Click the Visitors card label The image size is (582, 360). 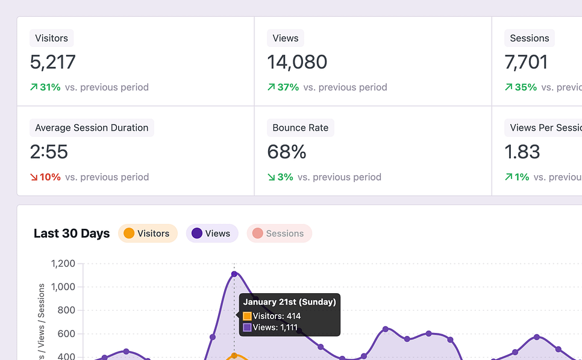[x=51, y=38]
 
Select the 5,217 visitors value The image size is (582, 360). [x=53, y=62]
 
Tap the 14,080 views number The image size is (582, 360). [x=297, y=62]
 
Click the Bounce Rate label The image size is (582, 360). [x=300, y=128]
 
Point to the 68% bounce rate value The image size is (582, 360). [x=287, y=152]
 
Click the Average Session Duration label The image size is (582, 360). [x=92, y=128]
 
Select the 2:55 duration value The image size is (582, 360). [x=49, y=152]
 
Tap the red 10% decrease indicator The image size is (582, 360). [x=46, y=177]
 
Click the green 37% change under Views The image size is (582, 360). [x=283, y=87]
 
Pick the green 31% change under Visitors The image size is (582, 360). [x=46, y=87]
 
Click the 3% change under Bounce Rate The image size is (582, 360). [x=281, y=177]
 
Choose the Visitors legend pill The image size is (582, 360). [x=148, y=234]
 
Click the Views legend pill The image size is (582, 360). [x=211, y=234]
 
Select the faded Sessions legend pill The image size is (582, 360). [x=279, y=234]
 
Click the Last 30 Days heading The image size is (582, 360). [x=72, y=234]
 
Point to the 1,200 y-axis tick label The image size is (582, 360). [x=63, y=263]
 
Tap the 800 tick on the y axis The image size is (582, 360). [x=67, y=310]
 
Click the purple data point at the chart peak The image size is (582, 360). [x=234, y=274]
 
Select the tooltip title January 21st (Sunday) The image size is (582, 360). [x=289, y=302]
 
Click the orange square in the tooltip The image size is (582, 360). [x=247, y=316]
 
